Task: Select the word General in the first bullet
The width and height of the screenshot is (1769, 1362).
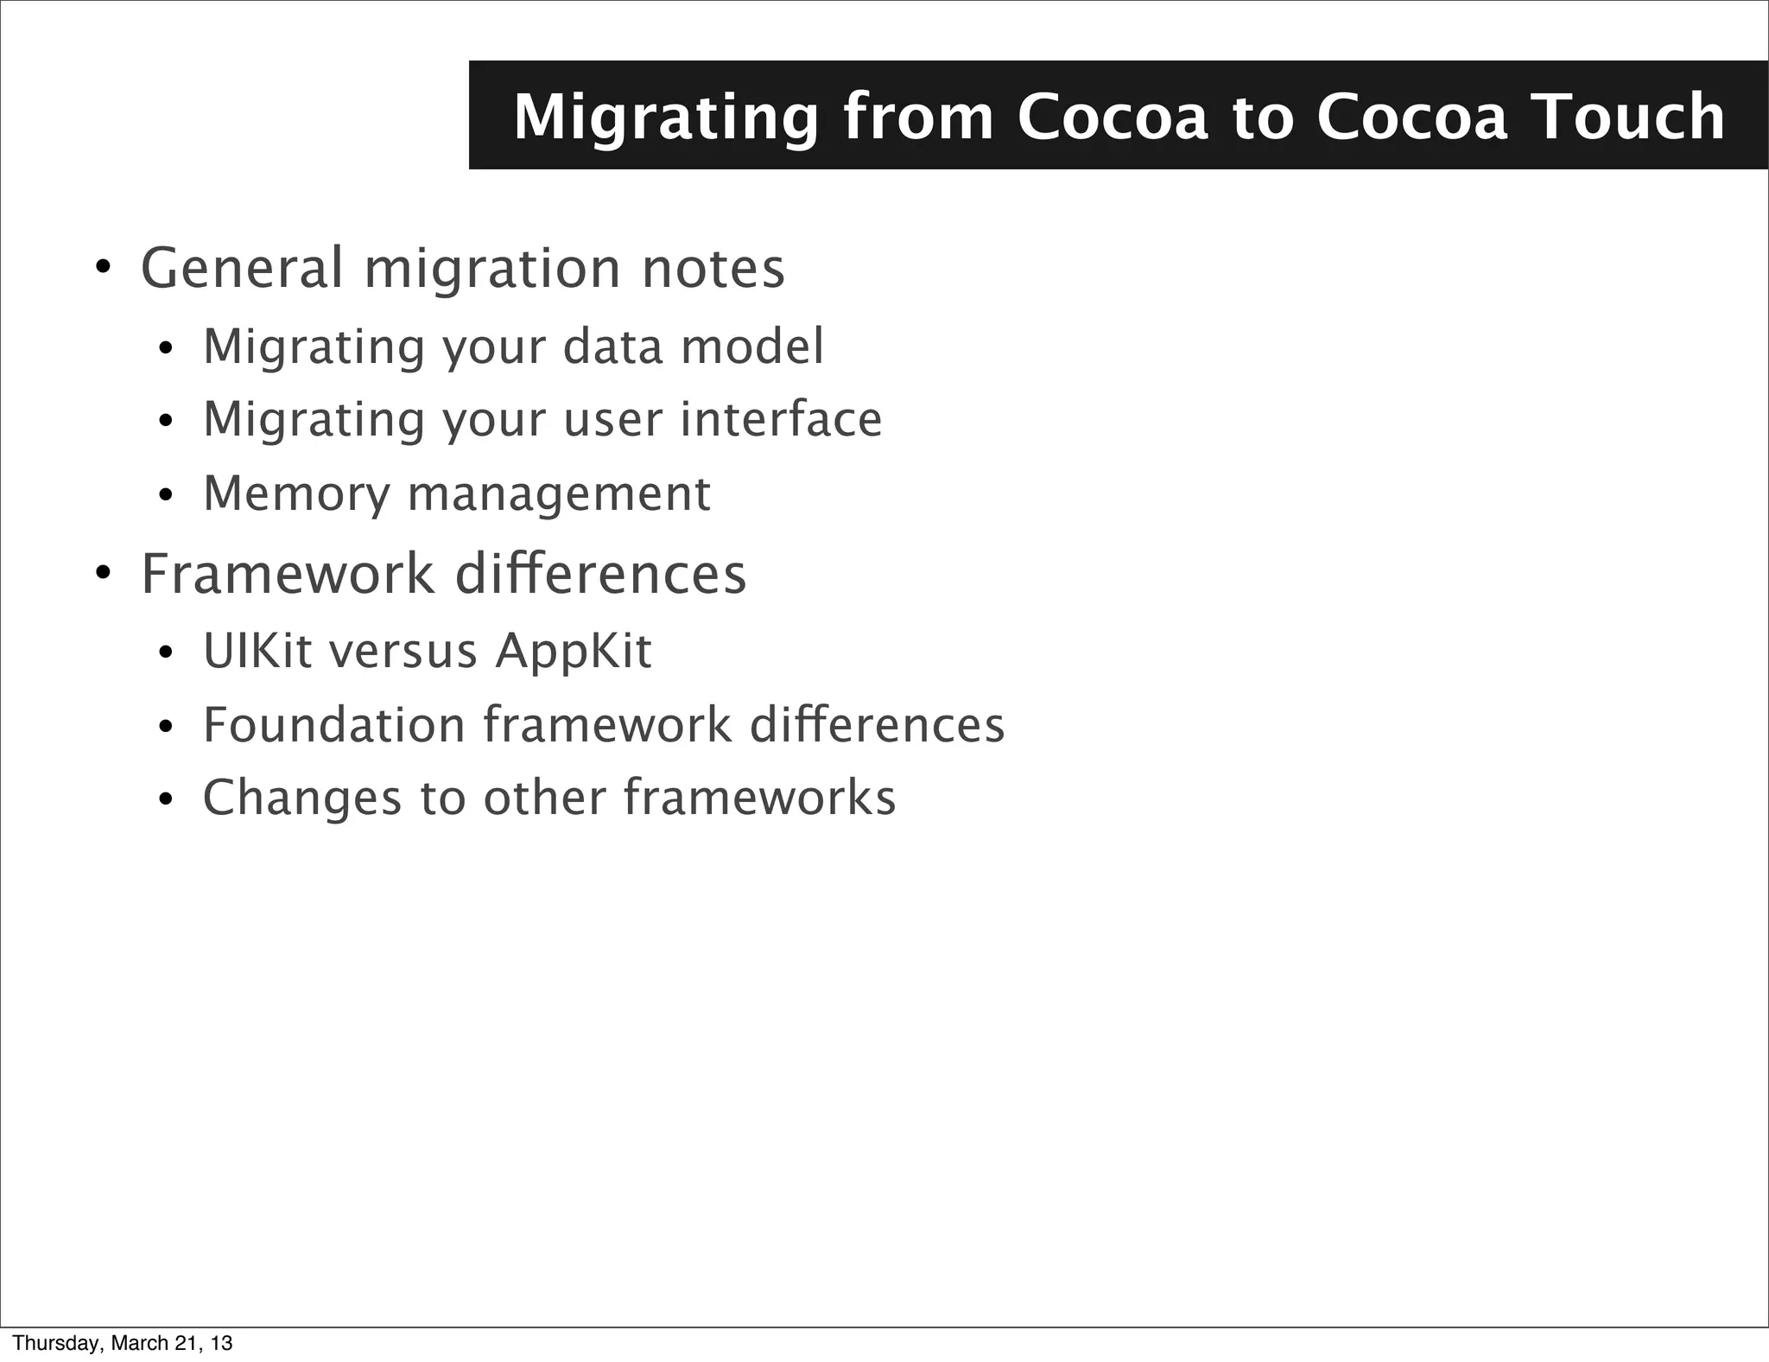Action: point(242,268)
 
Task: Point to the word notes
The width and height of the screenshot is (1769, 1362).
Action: point(713,268)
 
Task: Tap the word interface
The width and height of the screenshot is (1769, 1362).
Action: point(781,419)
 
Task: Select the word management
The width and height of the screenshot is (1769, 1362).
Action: point(559,495)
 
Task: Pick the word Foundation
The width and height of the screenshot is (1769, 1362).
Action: point(333,724)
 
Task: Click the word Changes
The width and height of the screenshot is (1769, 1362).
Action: point(302,798)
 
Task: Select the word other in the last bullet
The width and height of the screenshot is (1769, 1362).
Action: point(544,798)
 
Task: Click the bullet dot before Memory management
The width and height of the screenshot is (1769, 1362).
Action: point(166,496)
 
